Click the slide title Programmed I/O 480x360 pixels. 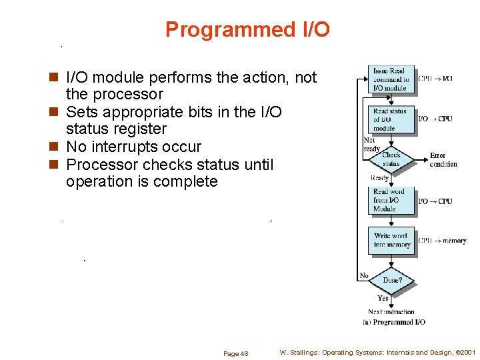click(247, 30)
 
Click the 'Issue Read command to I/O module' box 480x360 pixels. click(391, 79)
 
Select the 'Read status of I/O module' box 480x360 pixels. click(391, 119)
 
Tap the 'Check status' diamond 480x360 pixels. click(391, 159)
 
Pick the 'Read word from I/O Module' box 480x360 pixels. click(391, 200)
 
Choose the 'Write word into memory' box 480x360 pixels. click(391, 240)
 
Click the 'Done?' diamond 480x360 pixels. click(392, 280)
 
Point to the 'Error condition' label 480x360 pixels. click(443, 160)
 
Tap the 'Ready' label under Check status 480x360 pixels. click(379, 178)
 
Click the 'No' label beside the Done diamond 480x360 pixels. click(364, 276)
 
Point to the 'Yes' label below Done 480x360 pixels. click(383, 298)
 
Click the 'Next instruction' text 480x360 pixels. click(391, 311)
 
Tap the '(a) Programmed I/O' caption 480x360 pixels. click(394, 322)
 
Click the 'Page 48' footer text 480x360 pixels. click(235, 353)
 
